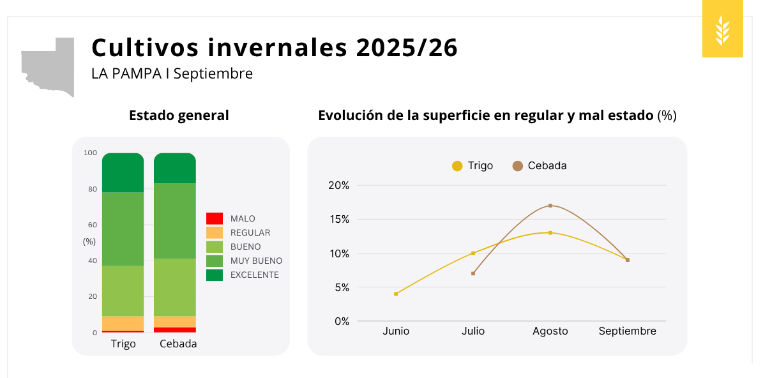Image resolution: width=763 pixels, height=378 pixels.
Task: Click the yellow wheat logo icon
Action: pos(722,30)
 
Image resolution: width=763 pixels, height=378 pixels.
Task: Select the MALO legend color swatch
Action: pos(215,218)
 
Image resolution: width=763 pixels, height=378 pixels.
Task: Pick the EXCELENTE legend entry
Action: pos(254,275)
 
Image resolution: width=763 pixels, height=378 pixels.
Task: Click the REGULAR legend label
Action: pos(250,232)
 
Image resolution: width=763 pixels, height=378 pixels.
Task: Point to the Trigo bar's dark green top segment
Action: pos(123,172)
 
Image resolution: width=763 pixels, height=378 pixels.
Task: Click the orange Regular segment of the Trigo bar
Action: pos(123,323)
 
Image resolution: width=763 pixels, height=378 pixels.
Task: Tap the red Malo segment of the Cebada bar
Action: pos(175,329)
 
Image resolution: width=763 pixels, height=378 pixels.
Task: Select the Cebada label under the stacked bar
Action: pos(178,344)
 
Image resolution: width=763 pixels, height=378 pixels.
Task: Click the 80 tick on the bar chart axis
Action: pos(93,189)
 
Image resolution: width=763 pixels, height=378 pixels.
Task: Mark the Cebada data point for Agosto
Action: pos(550,206)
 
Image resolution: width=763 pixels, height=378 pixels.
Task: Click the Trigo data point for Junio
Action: pos(396,294)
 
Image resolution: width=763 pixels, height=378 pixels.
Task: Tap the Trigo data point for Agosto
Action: pos(550,232)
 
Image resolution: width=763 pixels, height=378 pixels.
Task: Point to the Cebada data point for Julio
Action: pos(473,273)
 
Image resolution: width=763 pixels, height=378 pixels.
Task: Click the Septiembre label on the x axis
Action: pos(627,331)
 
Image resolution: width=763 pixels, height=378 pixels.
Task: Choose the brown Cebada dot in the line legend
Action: pos(518,166)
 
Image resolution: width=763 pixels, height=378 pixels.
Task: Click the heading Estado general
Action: pos(179,116)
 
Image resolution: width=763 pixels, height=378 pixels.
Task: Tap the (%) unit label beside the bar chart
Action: pos(89,241)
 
